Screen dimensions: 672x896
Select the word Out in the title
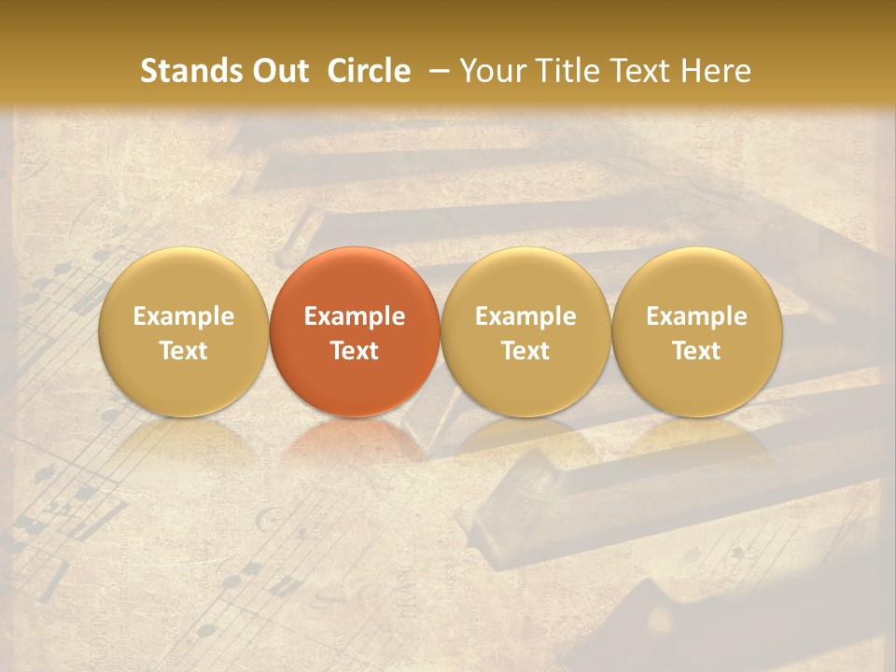(278, 71)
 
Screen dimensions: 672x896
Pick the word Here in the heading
(717, 71)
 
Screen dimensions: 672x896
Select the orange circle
(355, 332)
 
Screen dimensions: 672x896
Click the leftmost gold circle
(184, 332)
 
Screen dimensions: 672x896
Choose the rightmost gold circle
(696, 332)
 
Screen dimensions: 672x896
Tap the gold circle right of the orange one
(525, 332)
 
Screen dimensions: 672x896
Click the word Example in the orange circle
(355, 316)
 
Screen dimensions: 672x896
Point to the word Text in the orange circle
(355, 351)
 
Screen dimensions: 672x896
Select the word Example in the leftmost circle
(184, 316)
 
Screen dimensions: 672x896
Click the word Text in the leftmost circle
(184, 351)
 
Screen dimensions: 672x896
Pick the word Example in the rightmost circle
(696, 316)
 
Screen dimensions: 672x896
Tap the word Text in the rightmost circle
(696, 351)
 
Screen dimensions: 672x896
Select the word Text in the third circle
(525, 351)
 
